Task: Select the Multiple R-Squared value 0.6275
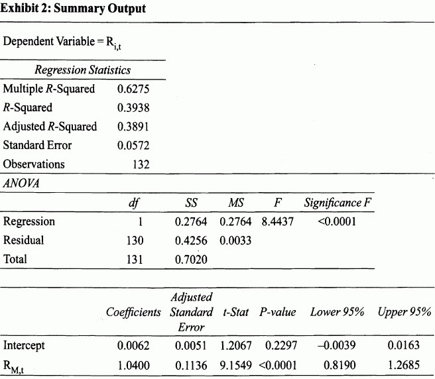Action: (133, 89)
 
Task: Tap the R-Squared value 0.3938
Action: (133, 107)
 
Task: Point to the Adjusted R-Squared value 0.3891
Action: (133, 127)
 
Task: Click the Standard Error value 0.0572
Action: (133, 145)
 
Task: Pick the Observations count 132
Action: (140, 164)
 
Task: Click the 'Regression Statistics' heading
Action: (83, 70)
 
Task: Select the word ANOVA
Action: (21, 184)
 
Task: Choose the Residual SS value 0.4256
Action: (191, 241)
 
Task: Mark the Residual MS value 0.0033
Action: (235, 241)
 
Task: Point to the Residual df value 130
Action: (135, 241)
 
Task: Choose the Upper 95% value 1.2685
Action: (404, 364)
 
